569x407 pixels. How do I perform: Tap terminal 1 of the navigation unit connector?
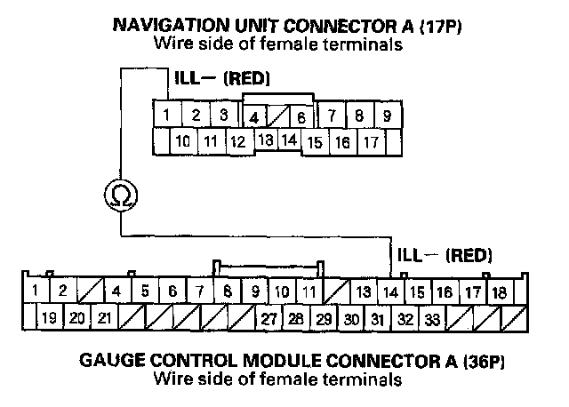[166, 115]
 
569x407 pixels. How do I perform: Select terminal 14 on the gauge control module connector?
[389, 291]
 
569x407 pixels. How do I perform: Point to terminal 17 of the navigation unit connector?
[371, 141]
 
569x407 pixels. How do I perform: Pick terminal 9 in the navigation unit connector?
[386, 116]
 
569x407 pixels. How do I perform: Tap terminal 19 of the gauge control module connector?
[49, 317]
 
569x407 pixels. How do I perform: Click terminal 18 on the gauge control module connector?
[499, 291]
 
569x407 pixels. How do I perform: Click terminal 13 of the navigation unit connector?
[265, 140]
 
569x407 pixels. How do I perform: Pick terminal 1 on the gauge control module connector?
[34, 291]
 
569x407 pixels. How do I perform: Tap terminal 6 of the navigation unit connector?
[301, 116]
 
